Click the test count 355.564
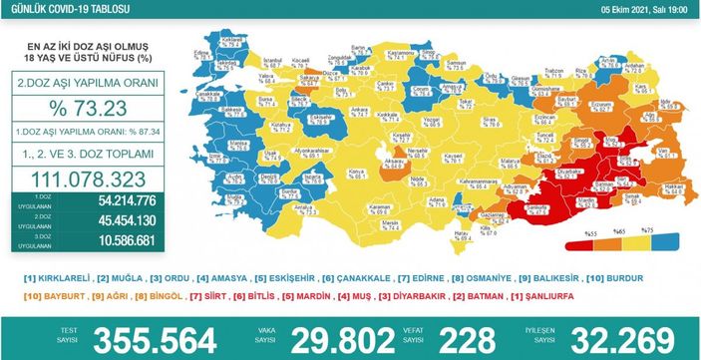tap(175, 336)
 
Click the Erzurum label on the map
tap(590, 102)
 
